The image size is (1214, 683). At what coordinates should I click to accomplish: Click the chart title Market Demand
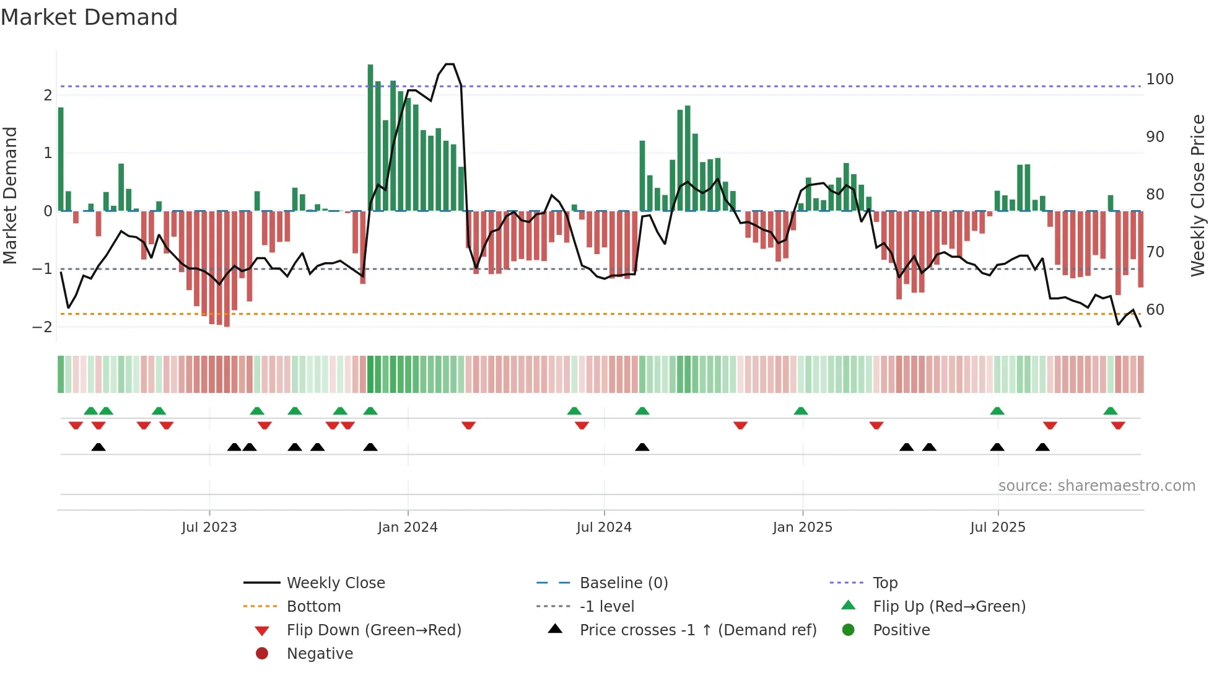click(89, 17)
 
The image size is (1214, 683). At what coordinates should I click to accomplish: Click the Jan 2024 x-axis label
click(408, 527)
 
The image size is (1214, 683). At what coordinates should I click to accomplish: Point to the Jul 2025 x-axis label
click(997, 527)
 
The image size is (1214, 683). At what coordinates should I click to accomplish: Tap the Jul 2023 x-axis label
click(209, 527)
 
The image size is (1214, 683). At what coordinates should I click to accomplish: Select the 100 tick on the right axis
click(1159, 79)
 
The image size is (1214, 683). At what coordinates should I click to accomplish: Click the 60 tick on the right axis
click(1155, 310)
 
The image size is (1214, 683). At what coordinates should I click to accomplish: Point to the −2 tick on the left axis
click(43, 327)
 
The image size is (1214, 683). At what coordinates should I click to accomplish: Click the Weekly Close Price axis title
click(1198, 195)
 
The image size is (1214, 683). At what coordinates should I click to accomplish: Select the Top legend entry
click(884, 583)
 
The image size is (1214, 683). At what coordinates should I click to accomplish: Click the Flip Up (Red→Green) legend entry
click(949, 607)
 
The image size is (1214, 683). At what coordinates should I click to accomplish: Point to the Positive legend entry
click(901, 630)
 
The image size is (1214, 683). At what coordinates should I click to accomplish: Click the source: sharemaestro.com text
click(1096, 486)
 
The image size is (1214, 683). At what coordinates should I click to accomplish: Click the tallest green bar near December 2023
click(370, 138)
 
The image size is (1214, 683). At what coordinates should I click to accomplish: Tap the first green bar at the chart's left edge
click(61, 159)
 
